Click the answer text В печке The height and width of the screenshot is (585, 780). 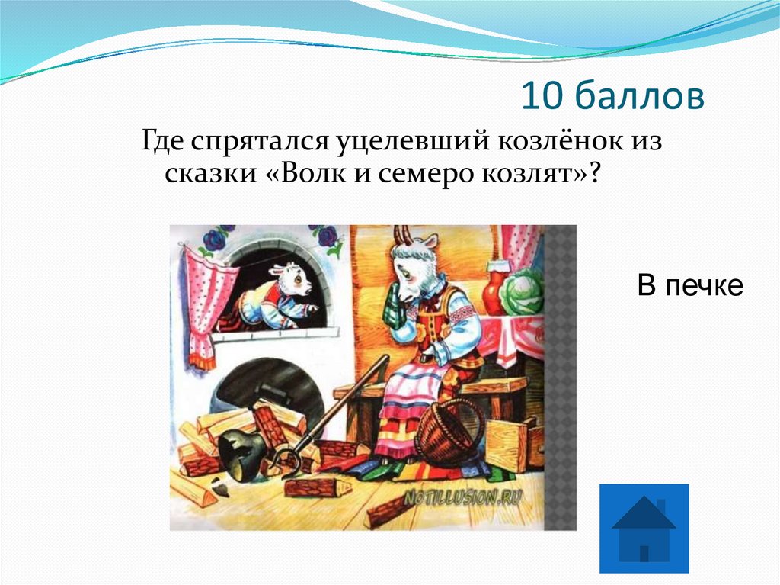pyautogui.click(x=689, y=286)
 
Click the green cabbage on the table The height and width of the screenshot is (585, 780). pyautogui.click(x=523, y=293)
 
